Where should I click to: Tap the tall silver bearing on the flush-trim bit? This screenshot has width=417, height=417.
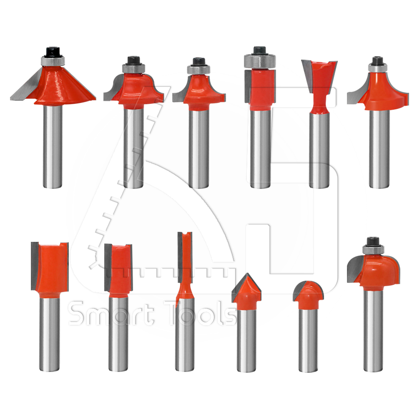tap(260, 61)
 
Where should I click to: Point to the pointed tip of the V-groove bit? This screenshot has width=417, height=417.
tap(247, 274)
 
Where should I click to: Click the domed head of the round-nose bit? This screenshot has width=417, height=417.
tap(309, 294)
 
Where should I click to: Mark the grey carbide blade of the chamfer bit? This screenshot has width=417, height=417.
tap(26, 85)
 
